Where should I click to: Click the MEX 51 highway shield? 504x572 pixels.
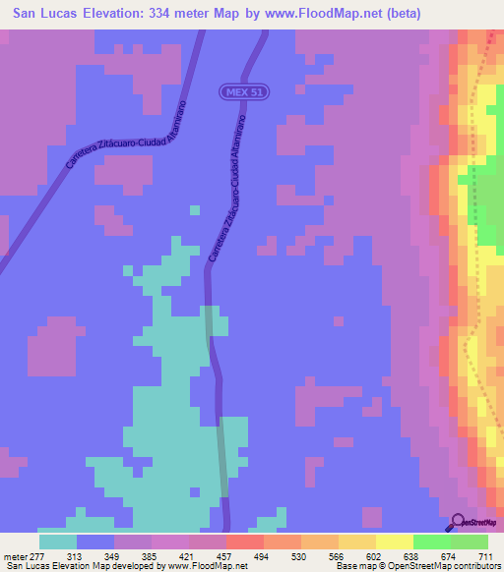click(x=244, y=91)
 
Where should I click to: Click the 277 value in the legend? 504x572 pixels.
click(x=37, y=557)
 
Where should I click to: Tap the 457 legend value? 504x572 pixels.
click(x=225, y=557)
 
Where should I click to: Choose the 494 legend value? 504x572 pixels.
click(x=263, y=557)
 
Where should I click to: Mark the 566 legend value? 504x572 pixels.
click(x=338, y=557)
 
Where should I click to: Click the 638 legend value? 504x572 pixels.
click(x=412, y=557)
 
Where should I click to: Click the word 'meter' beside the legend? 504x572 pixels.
click(x=14, y=557)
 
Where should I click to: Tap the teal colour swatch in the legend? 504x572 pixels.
click(x=57, y=542)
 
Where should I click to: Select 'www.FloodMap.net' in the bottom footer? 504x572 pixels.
click(x=207, y=566)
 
